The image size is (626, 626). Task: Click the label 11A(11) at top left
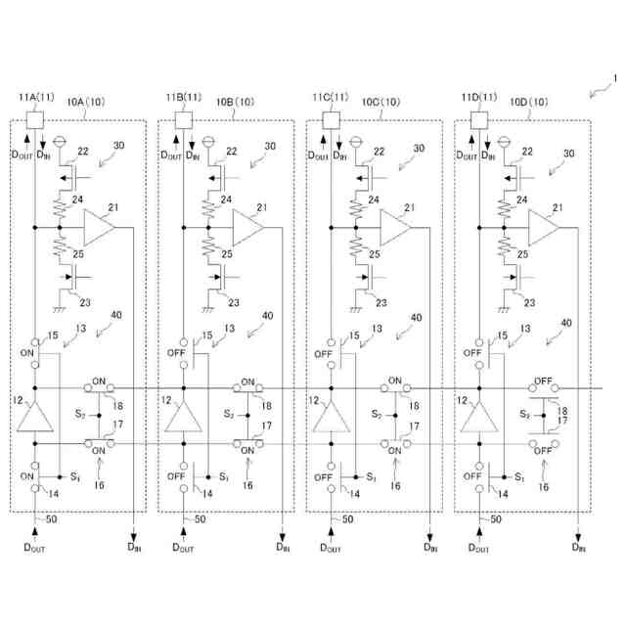pos(35,97)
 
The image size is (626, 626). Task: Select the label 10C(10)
pos(381,101)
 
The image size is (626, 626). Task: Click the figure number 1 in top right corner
pos(613,77)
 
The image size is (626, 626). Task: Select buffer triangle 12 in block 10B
pos(183,418)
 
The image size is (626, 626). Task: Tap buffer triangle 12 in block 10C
pos(331,418)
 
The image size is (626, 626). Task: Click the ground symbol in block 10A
pos(61,308)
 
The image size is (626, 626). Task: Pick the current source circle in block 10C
pos(355,140)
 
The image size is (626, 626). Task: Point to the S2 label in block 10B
pos(228,414)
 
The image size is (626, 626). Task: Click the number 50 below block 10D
pos(495,520)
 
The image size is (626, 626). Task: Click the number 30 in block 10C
pos(419,149)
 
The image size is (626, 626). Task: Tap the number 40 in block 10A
pos(117,316)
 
